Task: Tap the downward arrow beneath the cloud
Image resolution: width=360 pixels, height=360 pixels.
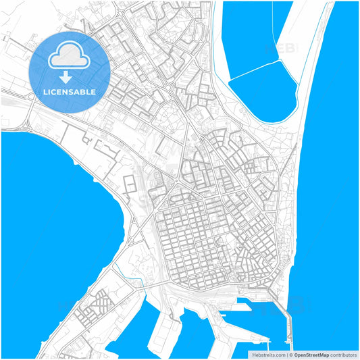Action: (x=70, y=77)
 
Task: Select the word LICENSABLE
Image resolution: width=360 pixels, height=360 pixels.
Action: (x=70, y=91)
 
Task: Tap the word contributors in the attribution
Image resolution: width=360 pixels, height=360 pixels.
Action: (x=343, y=354)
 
